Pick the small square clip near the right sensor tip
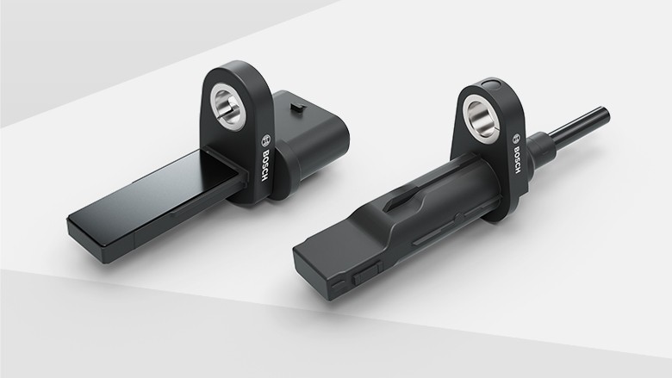364,278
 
